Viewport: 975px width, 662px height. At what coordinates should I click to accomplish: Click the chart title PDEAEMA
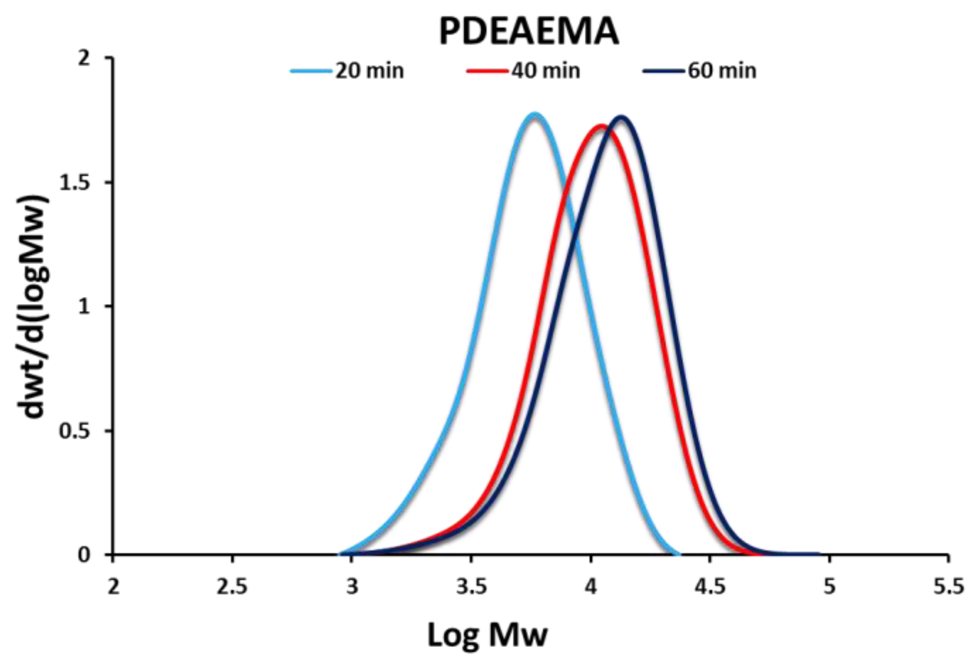click(x=529, y=31)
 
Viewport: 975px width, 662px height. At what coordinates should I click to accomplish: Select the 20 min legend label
click(x=369, y=71)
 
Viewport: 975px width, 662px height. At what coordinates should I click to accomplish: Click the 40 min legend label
click(x=546, y=71)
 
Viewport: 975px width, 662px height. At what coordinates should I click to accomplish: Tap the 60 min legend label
click(x=722, y=71)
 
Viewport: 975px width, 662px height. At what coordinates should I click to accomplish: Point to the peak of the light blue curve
click(x=534, y=114)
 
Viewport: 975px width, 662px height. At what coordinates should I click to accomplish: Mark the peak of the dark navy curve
click(x=621, y=117)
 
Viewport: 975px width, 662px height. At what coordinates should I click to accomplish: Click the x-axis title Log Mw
click(x=487, y=635)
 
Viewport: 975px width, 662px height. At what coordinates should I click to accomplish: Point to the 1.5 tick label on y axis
click(x=74, y=183)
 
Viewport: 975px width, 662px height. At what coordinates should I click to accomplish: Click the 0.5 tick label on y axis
click(x=74, y=431)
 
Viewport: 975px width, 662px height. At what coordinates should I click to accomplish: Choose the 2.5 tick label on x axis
click(x=232, y=587)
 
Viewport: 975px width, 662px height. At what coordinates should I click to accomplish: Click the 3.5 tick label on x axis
click(x=471, y=587)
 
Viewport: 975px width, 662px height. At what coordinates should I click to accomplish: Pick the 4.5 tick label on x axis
click(x=710, y=587)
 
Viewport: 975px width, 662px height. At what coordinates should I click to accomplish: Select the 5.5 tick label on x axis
click(x=948, y=587)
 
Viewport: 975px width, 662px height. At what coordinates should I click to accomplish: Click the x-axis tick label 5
click(x=829, y=587)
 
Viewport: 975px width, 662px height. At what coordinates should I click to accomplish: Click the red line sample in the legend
click(x=487, y=71)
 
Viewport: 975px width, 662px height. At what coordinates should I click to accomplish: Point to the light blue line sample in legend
click(x=311, y=71)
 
